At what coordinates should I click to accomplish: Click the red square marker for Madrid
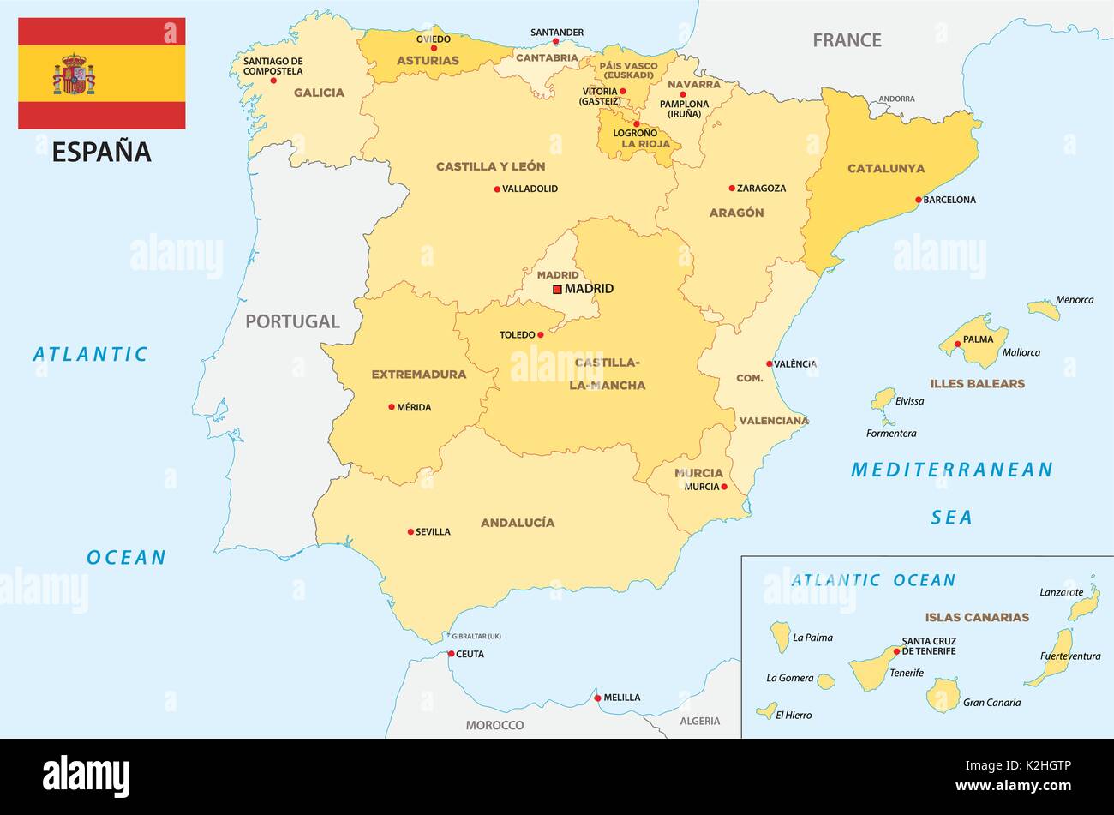(x=557, y=290)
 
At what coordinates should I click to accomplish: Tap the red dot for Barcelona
(x=919, y=200)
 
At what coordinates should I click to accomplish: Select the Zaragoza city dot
(x=732, y=188)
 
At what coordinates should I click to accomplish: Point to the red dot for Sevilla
(x=410, y=531)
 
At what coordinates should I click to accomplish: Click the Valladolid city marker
(x=497, y=189)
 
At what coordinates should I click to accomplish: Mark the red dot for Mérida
(x=392, y=407)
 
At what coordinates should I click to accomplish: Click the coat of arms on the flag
(x=75, y=74)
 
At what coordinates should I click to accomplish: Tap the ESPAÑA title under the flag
(x=101, y=152)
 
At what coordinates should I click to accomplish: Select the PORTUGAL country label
(x=292, y=321)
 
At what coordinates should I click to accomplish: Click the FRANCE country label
(x=847, y=39)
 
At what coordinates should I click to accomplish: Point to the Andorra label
(x=897, y=99)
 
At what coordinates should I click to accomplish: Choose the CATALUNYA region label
(x=886, y=168)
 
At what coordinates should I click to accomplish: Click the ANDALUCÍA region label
(x=518, y=522)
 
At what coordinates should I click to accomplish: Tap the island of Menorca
(x=1044, y=309)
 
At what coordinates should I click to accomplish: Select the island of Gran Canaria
(x=943, y=695)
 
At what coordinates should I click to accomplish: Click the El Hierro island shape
(x=766, y=710)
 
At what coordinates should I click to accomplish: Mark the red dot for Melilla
(x=597, y=698)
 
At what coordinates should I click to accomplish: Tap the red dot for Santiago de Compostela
(x=273, y=81)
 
